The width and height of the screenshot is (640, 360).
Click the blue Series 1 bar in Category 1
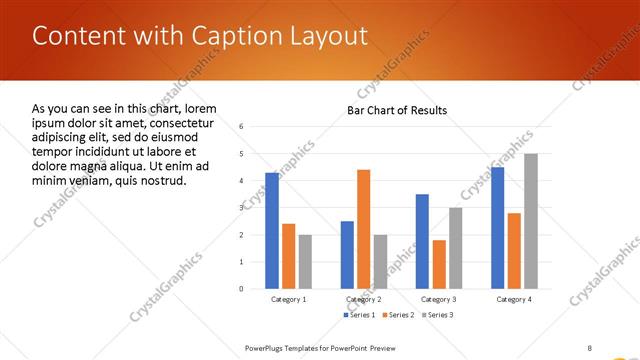point(272,230)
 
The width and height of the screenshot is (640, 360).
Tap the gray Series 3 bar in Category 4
point(530,221)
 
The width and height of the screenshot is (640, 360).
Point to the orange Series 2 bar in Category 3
point(439,264)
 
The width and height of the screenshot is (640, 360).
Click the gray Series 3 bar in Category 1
point(305,261)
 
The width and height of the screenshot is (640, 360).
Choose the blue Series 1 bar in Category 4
point(497,227)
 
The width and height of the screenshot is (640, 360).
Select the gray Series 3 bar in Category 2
point(380,261)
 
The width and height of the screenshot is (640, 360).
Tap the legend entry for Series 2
point(397,315)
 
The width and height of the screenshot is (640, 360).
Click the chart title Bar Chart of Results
point(397,110)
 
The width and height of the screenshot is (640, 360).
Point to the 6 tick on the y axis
point(241,126)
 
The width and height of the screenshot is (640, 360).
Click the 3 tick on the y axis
point(241,207)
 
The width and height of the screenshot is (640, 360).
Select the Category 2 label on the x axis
point(363,299)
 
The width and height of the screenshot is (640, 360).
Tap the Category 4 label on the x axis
point(513,299)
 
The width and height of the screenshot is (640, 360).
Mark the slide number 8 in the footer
point(590,347)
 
